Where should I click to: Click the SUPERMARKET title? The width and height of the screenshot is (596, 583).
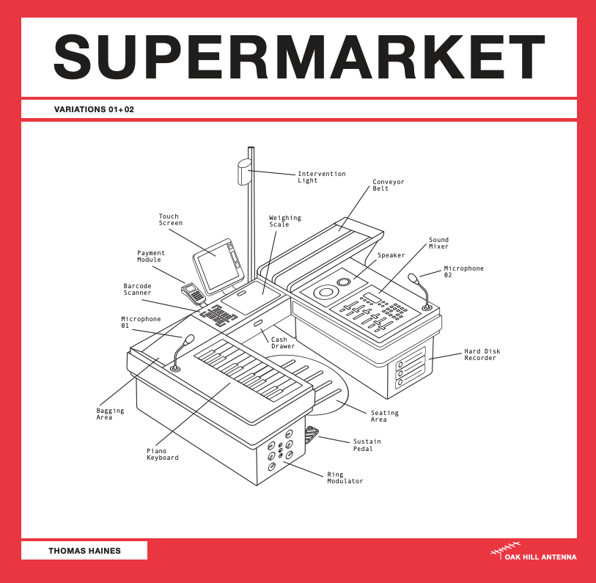tap(300, 56)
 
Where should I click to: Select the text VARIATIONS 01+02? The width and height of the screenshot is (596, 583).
tap(94, 109)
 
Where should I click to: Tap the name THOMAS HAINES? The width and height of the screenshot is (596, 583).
tap(84, 551)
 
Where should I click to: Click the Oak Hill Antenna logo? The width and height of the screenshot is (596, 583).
tap(533, 552)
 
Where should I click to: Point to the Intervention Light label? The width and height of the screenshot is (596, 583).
tap(322, 177)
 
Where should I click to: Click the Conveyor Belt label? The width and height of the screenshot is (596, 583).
tap(388, 185)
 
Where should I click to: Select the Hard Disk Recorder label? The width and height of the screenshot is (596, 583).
tap(482, 354)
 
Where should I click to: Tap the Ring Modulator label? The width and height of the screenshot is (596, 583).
tap(345, 477)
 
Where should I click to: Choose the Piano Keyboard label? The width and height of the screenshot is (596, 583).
tap(162, 454)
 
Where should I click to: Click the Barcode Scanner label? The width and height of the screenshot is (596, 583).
tap(137, 289)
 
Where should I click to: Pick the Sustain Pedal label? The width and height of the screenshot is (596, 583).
tap(367, 445)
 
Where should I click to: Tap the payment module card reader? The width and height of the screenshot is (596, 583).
tap(193, 293)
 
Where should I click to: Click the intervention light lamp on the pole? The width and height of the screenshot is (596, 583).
tap(244, 172)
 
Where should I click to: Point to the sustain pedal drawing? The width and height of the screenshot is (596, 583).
tap(312, 434)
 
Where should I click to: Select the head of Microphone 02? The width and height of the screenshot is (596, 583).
tap(413, 278)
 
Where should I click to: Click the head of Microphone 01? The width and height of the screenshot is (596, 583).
tap(189, 340)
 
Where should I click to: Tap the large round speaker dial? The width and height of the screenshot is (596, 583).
tap(325, 292)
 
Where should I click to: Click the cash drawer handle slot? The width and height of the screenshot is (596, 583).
tap(258, 323)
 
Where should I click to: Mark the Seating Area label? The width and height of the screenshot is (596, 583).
tap(384, 416)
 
